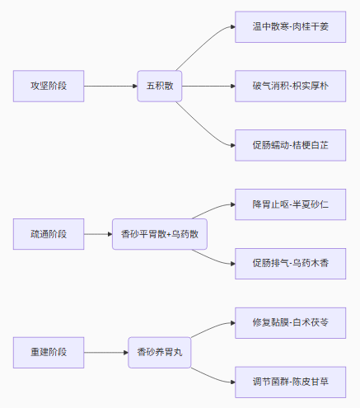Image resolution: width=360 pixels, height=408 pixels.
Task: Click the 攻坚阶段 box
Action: point(49,86)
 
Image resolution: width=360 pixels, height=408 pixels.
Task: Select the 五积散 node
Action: point(160,86)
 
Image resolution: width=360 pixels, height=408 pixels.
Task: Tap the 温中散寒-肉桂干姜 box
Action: point(290,27)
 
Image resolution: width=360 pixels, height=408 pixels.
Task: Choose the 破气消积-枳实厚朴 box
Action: point(290,86)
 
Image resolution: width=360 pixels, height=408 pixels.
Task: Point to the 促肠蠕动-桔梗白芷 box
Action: point(290,145)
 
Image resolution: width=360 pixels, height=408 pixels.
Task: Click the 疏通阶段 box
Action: point(49,234)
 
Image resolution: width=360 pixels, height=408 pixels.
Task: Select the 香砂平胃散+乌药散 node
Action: point(160,234)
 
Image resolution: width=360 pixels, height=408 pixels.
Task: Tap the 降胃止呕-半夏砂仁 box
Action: point(290,204)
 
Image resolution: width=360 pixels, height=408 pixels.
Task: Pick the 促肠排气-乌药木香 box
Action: point(290,264)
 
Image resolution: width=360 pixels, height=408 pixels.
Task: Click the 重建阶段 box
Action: point(49,353)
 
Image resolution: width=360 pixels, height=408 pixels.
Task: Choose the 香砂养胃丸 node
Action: point(160,353)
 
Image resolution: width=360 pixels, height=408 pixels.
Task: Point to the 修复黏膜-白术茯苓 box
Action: point(290,323)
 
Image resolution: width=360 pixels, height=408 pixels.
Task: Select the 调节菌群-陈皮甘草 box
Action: point(290,382)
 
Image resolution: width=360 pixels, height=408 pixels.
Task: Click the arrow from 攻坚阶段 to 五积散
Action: point(110,86)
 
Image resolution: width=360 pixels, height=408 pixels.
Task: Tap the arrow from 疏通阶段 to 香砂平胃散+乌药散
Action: point(98,234)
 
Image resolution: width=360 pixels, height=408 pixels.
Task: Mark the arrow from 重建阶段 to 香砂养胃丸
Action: point(106,353)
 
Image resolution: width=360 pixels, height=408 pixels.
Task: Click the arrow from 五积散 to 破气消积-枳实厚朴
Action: point(208,86)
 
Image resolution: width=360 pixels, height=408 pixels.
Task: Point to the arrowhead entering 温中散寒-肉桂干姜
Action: point(233,27)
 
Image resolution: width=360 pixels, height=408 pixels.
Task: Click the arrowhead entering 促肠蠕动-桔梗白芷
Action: point(233,145)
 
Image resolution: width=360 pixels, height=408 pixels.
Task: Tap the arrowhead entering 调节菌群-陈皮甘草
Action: point(233,382)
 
